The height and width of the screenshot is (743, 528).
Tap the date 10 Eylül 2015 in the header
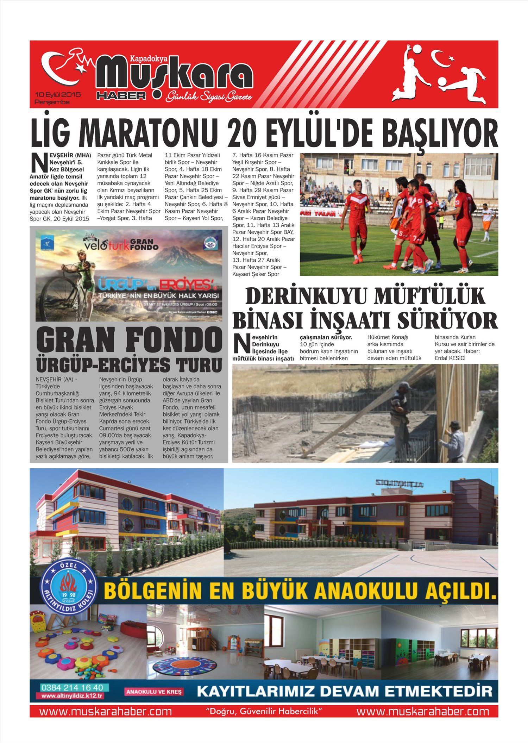click(58, 95)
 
